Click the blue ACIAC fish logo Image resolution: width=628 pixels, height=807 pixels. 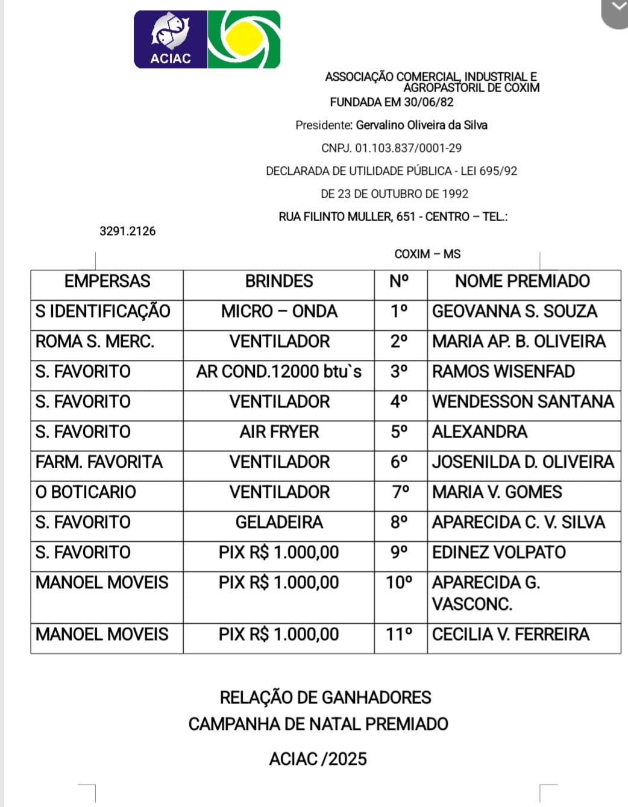171,39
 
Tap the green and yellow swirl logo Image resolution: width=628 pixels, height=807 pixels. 244,39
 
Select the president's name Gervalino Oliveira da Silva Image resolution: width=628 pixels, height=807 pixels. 421,125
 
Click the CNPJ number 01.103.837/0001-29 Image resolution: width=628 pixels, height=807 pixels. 408,148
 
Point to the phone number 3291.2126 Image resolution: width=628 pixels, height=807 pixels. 127,231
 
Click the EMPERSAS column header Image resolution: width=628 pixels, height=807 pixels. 107,281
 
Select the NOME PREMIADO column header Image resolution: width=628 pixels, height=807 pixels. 522,281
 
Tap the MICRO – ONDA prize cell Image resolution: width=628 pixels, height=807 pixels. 279,312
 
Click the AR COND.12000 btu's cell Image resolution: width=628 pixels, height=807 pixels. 279,372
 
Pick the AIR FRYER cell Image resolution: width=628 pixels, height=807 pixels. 279,432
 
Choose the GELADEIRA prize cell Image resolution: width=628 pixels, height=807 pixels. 279,523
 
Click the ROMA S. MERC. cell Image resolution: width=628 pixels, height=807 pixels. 95,342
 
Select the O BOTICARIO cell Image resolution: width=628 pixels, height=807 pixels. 86,492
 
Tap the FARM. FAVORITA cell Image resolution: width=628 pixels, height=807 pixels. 99,462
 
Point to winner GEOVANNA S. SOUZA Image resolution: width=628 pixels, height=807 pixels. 514,312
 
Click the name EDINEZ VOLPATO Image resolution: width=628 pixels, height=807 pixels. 498,553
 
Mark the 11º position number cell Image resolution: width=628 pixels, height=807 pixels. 400,635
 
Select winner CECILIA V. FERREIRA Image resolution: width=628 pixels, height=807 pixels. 510,635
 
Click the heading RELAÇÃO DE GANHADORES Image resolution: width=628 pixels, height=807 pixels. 325,698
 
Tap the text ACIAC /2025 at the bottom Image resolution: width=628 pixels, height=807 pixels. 318,759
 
